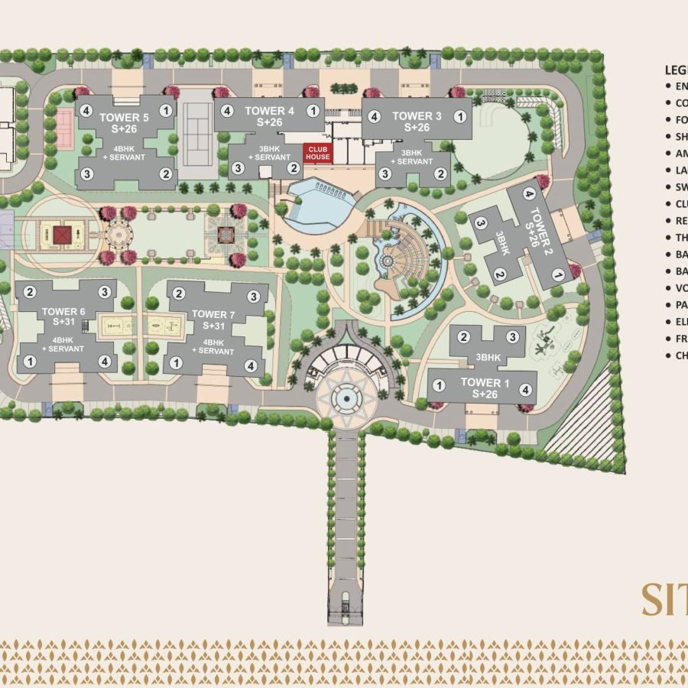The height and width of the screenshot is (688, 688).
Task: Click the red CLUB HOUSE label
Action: (x=318, y=153)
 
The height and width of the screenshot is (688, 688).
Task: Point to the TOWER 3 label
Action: (x=417, y=115)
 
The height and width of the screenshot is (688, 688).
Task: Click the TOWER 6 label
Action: (x=64, y=311)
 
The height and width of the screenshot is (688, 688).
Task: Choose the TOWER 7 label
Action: (x=213, y=314)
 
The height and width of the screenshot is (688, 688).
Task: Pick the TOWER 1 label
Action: (x=483, y=381)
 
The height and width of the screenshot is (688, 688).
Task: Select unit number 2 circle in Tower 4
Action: (x=292, y=167)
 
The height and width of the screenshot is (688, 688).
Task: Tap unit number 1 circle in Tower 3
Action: (x=459, y=116)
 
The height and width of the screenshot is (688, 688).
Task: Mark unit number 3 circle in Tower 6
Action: (x=104, y=291)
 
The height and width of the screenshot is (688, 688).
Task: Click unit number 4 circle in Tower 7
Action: (x=251, y=365)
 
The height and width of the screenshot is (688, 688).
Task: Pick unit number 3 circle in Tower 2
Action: (x=481, y=223)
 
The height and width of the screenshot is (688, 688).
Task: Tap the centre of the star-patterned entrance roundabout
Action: (x=347, y=396)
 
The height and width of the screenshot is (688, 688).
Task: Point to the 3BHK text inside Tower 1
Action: (x=488, y=357)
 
